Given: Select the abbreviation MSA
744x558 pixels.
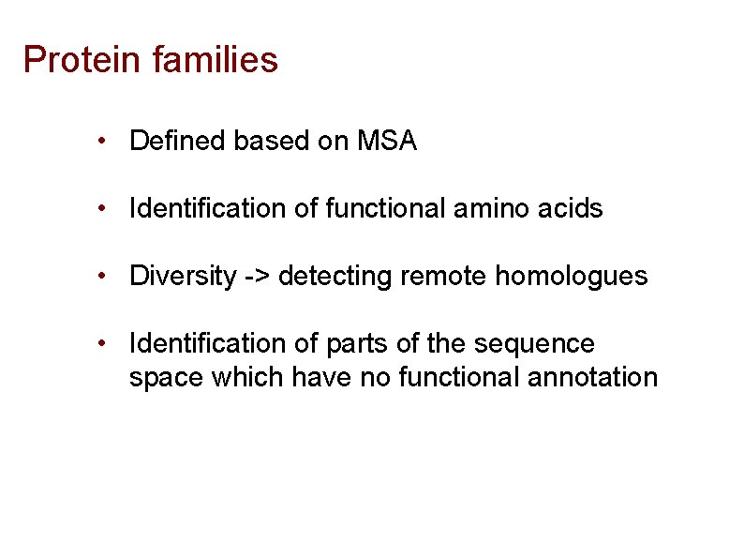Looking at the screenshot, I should (x=387, y=142).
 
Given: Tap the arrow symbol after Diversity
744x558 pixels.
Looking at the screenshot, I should (x=258, y=277).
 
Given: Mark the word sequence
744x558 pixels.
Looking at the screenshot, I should (x=534, y=344).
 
